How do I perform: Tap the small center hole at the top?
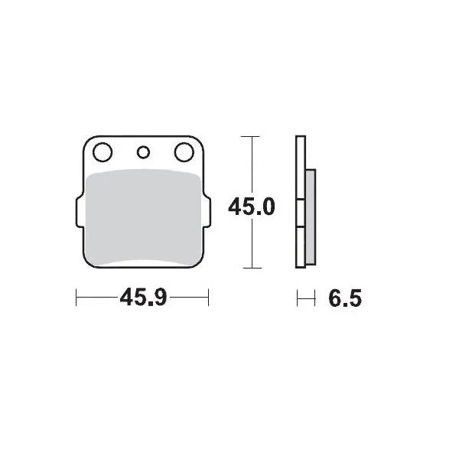pyautogui.click(x=142, y=151)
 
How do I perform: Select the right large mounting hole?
pyautogui.click(x=184, y=153)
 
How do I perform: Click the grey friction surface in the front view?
pyautogui.click(x=142, y=218)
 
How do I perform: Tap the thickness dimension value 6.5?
pyautogui.click(x=343, y=298)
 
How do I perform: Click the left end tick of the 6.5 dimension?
pyautogui.click(x=298, y=297)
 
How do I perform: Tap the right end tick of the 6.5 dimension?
pyautogui.click(x=314, y=297)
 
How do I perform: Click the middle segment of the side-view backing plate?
pyautogui.click(x=301, y=214)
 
